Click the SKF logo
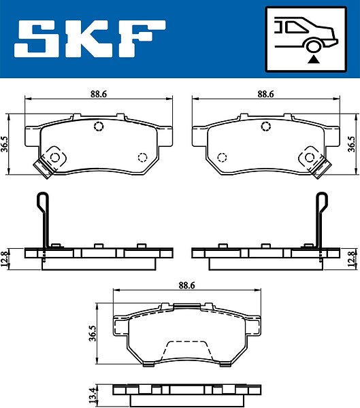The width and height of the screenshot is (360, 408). coord(90,39)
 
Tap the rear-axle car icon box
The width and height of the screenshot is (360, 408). coord(306,39)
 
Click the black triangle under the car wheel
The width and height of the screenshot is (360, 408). coord(314,60)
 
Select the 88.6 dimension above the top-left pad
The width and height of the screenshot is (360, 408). coord(99,94)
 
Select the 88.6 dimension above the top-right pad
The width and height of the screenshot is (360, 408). coord(265,94)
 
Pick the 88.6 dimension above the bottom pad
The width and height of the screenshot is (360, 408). coord(186,286)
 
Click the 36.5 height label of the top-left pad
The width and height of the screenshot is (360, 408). coord(5,144)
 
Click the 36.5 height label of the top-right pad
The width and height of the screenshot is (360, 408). coord(352,144)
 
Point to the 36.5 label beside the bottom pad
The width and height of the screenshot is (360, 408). coord(93,333)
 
